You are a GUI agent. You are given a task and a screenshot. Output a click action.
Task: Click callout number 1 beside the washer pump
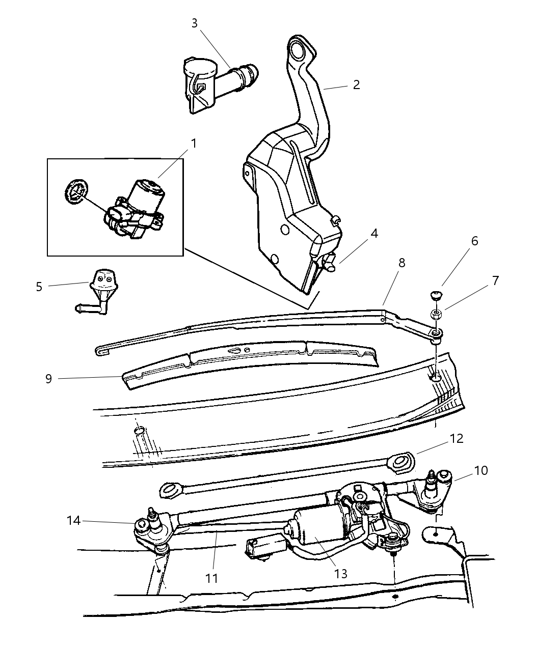[x=194, y=144]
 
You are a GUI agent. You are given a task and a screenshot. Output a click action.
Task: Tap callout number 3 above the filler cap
[x=195, y=23]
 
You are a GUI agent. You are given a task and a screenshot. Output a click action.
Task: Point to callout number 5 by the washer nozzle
[x=39, y=287]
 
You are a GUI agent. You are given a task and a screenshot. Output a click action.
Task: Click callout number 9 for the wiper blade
[x=49, y=379]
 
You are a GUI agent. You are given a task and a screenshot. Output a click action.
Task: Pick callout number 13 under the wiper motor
[x=341, y=574]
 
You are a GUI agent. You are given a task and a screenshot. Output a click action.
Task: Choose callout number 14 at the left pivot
[x=74, y=520]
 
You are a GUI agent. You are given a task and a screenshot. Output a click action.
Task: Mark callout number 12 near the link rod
[x=457, y=438]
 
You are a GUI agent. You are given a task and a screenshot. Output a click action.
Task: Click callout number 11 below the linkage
[x=212, y=578]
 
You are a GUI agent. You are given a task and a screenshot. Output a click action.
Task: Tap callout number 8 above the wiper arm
[x=402, y=263]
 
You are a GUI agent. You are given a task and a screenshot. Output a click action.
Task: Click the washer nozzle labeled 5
[x=101, y=288]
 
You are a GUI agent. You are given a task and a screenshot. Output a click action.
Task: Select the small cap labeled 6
[x=435, y=296]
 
